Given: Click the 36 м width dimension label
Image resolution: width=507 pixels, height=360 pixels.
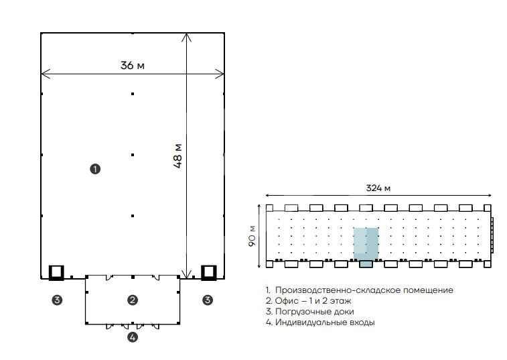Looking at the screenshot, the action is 133,66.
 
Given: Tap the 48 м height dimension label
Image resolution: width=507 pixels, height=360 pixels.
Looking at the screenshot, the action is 178,156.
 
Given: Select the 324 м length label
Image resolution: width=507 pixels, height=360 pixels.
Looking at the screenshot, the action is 378,188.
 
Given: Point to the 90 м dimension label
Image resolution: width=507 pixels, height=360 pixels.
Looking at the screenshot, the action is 252,236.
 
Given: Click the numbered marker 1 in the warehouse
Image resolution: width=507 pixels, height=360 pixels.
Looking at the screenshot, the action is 95,169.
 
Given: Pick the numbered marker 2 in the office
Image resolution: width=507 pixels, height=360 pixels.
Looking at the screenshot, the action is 133,300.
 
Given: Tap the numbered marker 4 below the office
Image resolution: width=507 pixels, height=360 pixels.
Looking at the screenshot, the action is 133,337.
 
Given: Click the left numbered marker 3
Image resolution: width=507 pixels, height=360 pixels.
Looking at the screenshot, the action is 57,300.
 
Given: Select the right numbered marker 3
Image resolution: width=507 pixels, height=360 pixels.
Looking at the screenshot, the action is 208,300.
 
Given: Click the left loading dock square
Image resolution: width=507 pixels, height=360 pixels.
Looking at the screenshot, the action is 50,272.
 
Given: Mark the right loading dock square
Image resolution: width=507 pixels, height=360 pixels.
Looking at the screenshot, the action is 202,272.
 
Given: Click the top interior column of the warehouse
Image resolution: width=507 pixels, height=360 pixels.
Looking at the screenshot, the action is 133,94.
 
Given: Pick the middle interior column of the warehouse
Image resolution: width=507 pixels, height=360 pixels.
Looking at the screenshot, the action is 133,155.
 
